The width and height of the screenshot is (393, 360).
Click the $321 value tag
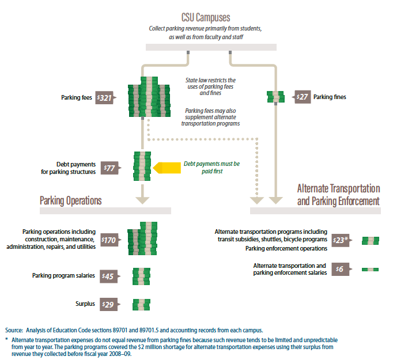105,98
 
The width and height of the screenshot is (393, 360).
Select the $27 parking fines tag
303,97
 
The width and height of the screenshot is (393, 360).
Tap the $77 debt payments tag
109,168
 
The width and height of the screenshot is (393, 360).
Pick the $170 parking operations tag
108,240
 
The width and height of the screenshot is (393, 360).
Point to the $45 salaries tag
108,276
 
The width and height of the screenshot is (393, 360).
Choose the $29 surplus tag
108,304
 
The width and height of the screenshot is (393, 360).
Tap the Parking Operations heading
71,200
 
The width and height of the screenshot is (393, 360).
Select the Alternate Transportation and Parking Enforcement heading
339,195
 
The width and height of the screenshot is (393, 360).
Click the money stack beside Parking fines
275,97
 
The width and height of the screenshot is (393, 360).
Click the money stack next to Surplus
142,304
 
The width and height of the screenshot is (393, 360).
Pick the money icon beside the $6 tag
369,269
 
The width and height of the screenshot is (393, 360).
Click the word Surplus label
85,304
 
